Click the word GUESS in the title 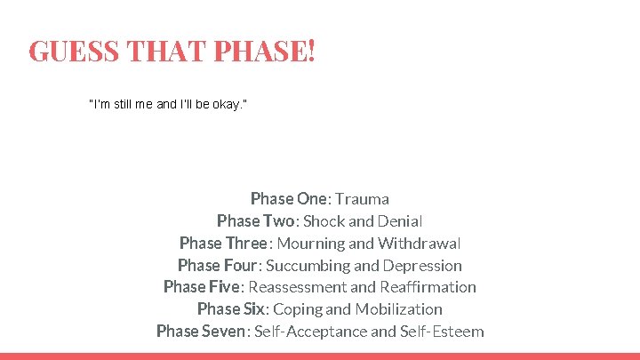coord(74,51)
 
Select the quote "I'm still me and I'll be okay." coord(168,106)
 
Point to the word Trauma coord(363,199)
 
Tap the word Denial coord(400,221)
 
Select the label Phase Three coord(223,244)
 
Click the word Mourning coord(310,244)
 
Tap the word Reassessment coord(298,287)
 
